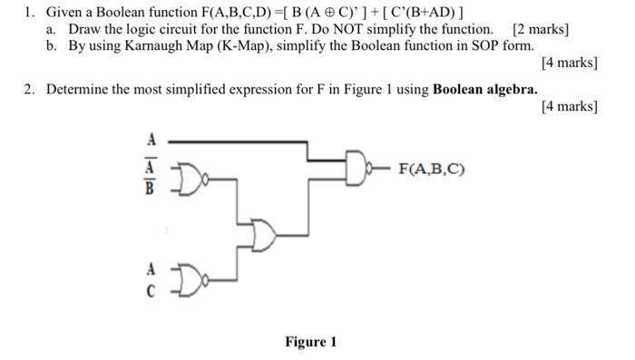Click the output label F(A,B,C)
tap(429, 168)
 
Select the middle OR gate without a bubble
tap(265, 235)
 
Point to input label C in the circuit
tap(151, 291)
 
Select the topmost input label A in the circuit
tap(151, 140)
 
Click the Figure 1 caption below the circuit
tap(310, 342)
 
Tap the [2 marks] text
tap(541, 30)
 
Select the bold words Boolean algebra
tap(485, 89)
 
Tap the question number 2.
tap(29, 89)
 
